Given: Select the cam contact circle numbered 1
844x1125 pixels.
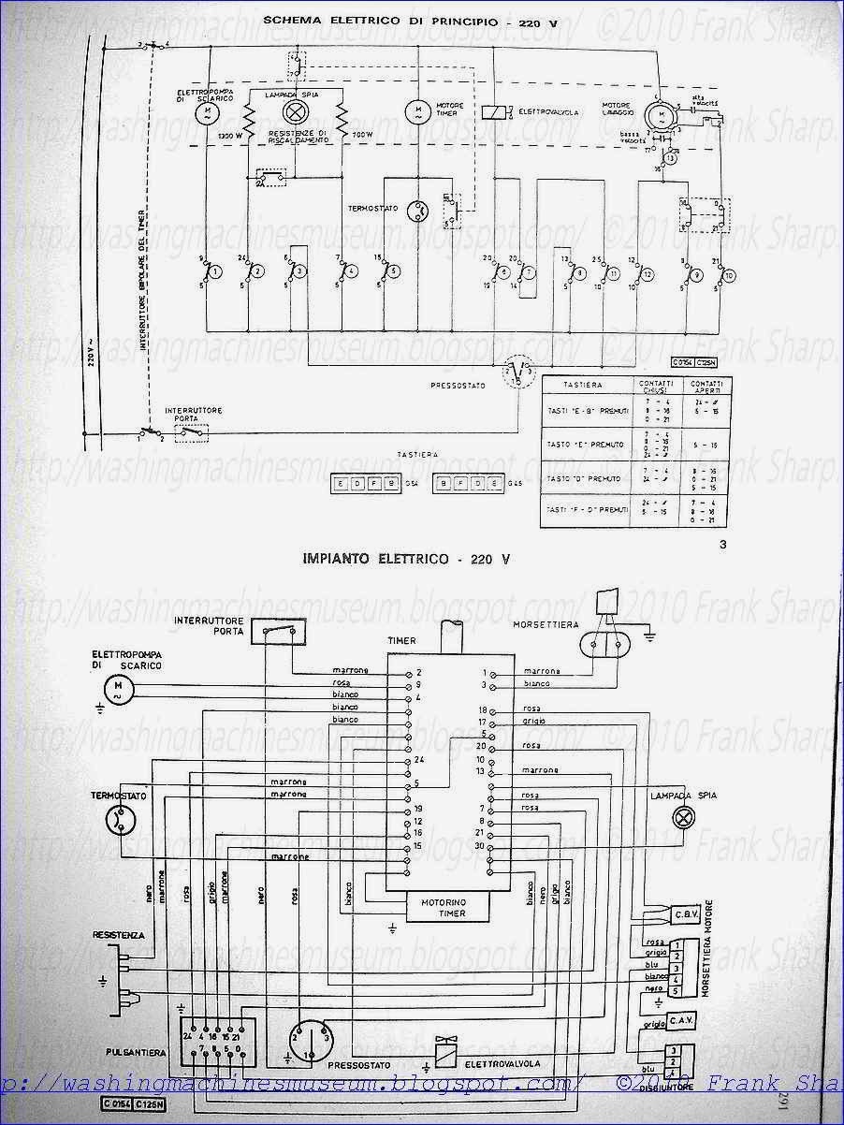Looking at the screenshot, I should point(214,272).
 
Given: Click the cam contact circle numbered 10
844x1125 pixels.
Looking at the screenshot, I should point(730,276).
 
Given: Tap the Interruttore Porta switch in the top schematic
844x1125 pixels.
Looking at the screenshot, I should point(192,432).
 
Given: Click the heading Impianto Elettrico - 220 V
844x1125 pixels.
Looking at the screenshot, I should point(406,560).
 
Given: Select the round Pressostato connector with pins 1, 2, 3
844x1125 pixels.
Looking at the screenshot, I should point(313,1041).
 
